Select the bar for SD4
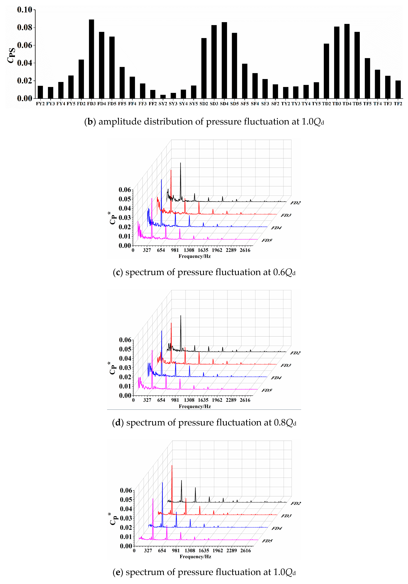tap(224, 60)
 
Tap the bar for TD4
tap(347, 61)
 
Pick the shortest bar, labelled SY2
tap(163, 97)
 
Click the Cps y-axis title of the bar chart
tap(11, 55)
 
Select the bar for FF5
tap(122, 83)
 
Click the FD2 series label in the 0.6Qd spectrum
tap(295, 203)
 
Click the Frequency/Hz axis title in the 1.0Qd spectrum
tap(195, 557)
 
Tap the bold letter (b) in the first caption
tap(90, 122)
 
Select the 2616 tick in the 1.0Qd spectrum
tap(245, 551)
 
